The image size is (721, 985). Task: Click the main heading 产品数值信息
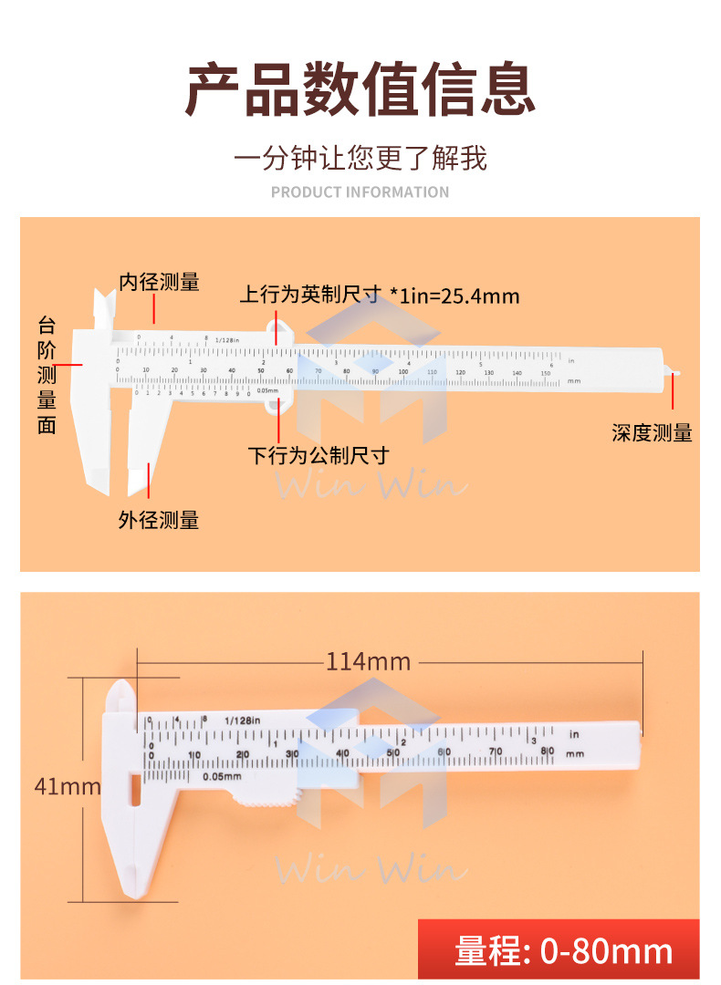point(360,88)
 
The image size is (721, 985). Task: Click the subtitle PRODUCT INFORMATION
point(360,192)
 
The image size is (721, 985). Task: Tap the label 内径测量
point(159,282)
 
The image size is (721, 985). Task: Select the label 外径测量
point(159,521)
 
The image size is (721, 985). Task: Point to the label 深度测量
point(652,433)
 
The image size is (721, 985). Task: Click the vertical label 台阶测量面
point(47,374)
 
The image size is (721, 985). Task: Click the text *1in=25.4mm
point(455,295)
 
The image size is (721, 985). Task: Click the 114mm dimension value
point(368,661)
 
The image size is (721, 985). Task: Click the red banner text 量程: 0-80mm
point(564,951)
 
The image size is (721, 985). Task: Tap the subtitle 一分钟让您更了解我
point(360,158)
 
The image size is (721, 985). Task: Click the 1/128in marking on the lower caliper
point(243,721)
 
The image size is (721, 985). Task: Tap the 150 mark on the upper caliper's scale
point(545,372)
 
